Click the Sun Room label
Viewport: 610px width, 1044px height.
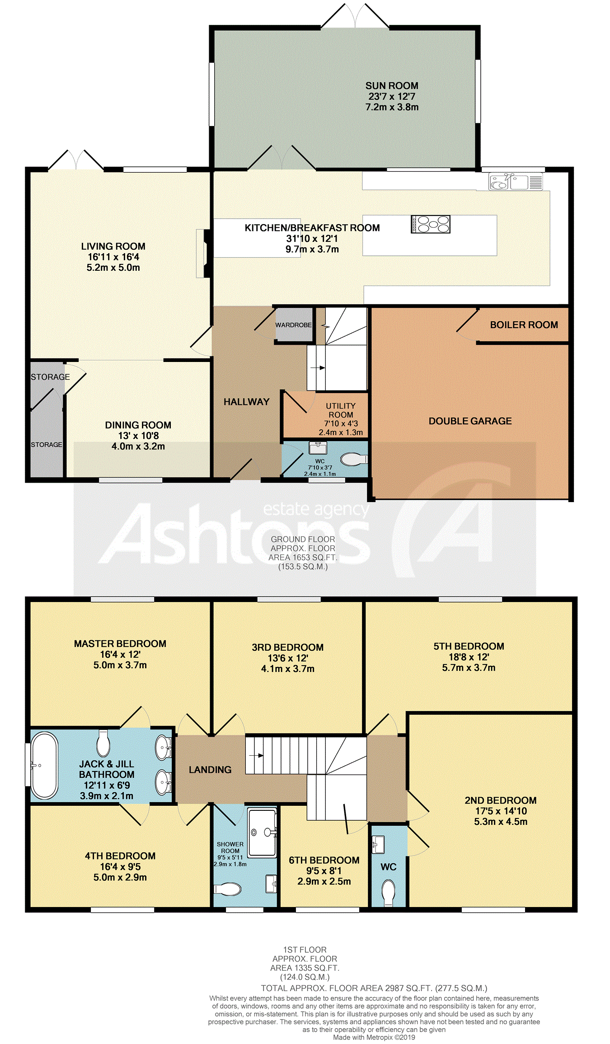(392, 86)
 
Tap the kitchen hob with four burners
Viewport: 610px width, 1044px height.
(431, 224)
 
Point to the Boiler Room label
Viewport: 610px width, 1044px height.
(524, 325)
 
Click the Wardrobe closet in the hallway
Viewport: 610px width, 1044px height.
(294, 325)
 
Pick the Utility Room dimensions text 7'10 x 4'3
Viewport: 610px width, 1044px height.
(341, 423)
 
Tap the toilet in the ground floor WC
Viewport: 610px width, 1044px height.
(353, 460)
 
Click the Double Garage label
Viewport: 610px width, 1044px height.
(470, 421)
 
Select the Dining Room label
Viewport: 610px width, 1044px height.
(138, 425)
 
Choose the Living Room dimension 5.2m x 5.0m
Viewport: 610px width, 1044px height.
(113, 268)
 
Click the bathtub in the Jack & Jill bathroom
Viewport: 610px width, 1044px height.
(44, 766)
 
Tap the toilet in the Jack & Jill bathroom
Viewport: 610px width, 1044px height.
(103, 743)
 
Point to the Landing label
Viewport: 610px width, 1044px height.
(210, 770)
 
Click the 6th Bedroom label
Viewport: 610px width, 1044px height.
(324, 861)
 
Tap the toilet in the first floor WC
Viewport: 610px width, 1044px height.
(389, 893)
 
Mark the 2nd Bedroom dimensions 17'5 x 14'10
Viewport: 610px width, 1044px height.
(501, 811)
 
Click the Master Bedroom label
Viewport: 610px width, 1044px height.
(120, 644)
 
